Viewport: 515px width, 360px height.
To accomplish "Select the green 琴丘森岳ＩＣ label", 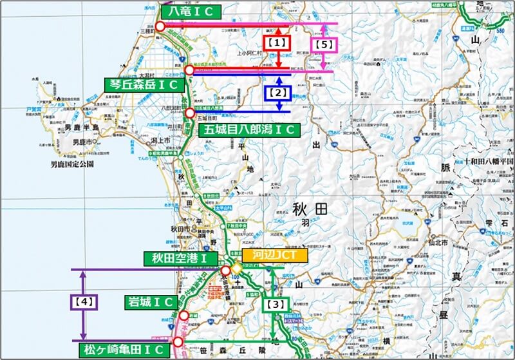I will click(143, 84).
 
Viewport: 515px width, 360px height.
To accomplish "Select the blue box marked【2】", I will click(278, 93).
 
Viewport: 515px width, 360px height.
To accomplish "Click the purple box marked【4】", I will click(82, 300).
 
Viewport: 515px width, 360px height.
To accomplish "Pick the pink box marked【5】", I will click(325, 44).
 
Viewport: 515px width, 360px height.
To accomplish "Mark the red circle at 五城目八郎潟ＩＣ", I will click(189, 113).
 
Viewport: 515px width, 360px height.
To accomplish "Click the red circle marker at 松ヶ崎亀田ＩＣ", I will click(178, 341).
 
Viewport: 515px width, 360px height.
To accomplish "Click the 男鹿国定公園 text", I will click(71, 164).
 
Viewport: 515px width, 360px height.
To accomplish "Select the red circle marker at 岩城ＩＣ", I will click(184, 316).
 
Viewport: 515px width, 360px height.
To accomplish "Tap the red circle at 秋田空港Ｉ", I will click(226, 270).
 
